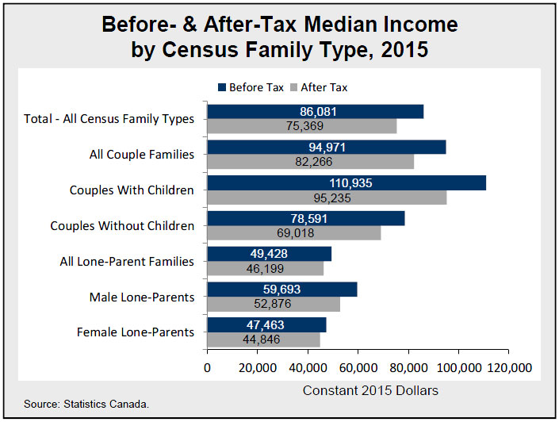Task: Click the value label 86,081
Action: pos(319,112)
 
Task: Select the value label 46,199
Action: pos(266,269)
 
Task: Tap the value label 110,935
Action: pos(345,183)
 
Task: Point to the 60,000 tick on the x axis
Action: pos(358,368)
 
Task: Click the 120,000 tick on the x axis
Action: pos(507,368)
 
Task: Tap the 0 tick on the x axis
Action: pos(207,368)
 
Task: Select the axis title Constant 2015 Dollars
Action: pos(370,390)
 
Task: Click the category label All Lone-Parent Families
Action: pos(127,261)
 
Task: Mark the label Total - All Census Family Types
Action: pos(109,119)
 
